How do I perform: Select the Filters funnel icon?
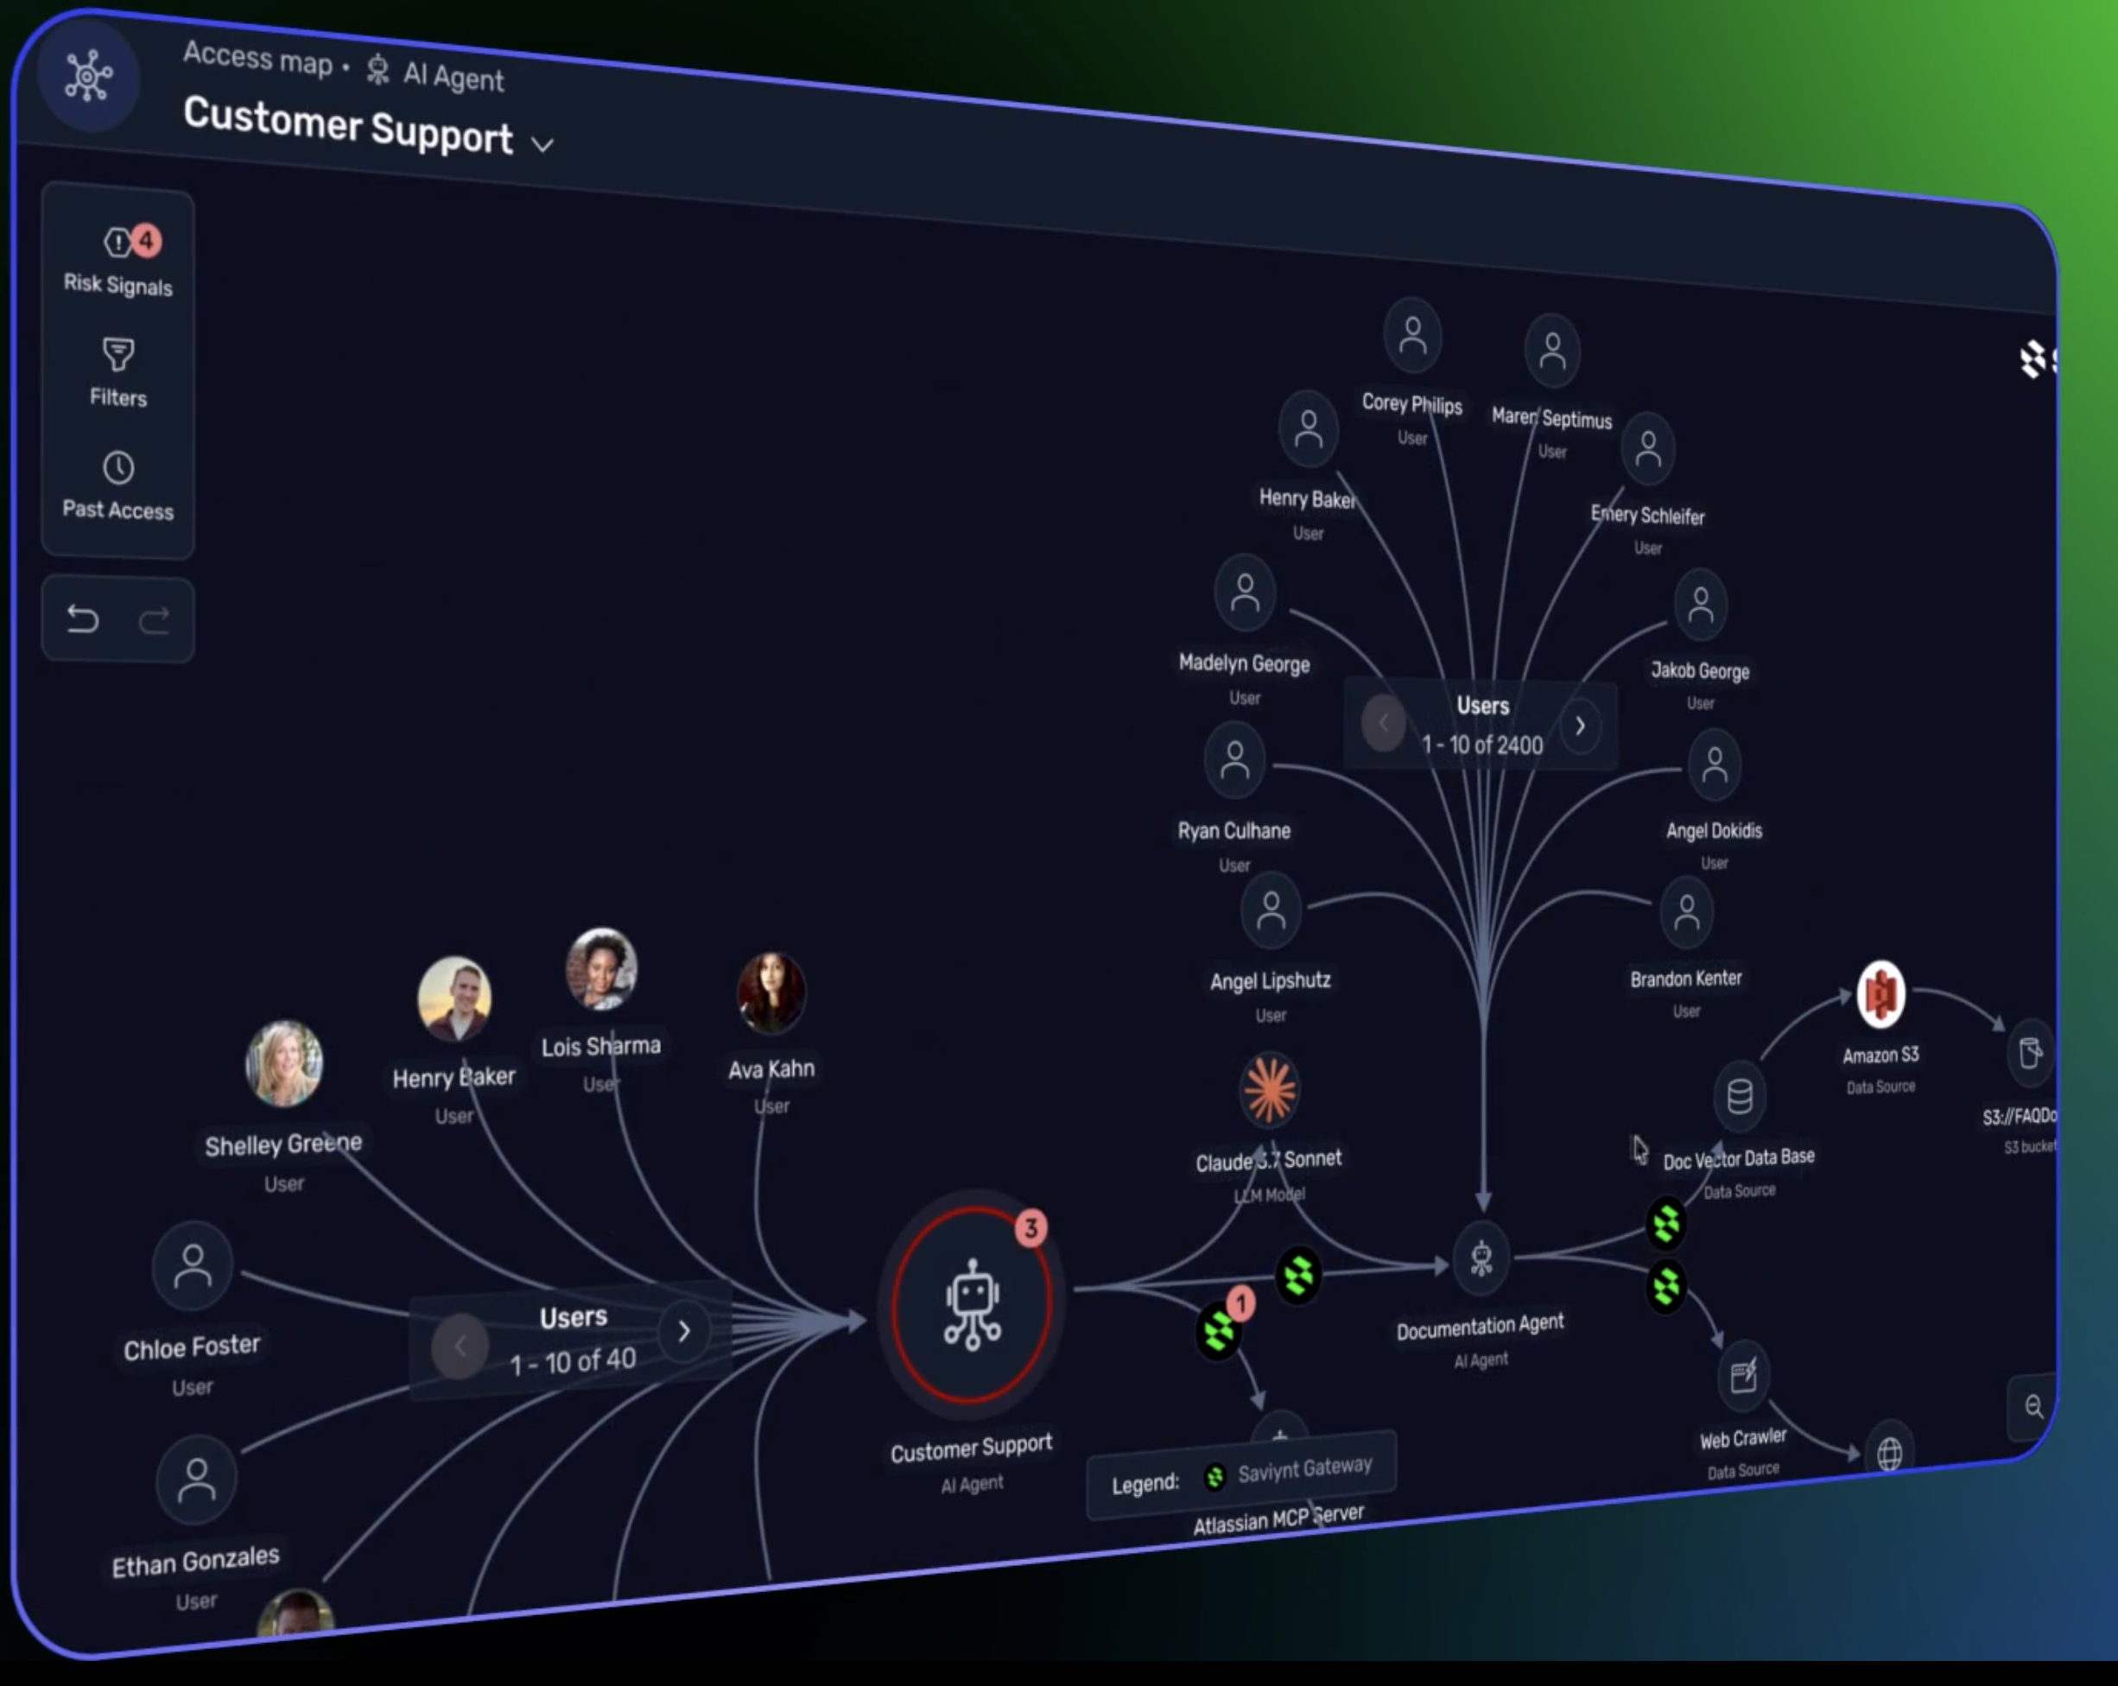click(x=117, y=354)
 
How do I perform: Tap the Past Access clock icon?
click(x=117, y=467)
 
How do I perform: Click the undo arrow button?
click(x=84, y=619)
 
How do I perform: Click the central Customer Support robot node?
click(x=972, y=1304)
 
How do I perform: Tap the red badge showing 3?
click(x=1030, y=1228)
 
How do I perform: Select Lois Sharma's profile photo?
click(x=601, y=969)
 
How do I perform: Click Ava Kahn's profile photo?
click(x=771, y=992)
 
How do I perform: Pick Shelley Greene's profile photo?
click(x=284, y=1063)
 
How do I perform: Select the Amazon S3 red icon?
click(x=1880, y=994)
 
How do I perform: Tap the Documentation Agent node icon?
click(x=1481, y=1258)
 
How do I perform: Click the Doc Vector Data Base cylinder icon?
click(x=1740, y=1095)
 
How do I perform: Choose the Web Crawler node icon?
click(x=1744, y=1376)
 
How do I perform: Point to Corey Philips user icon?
click(x=1412, y=335)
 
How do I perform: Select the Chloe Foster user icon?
click(x=193, y=1266)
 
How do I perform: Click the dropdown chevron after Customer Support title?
click(x=542, y=145)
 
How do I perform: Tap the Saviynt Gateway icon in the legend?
click(x=1215, y=1477)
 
